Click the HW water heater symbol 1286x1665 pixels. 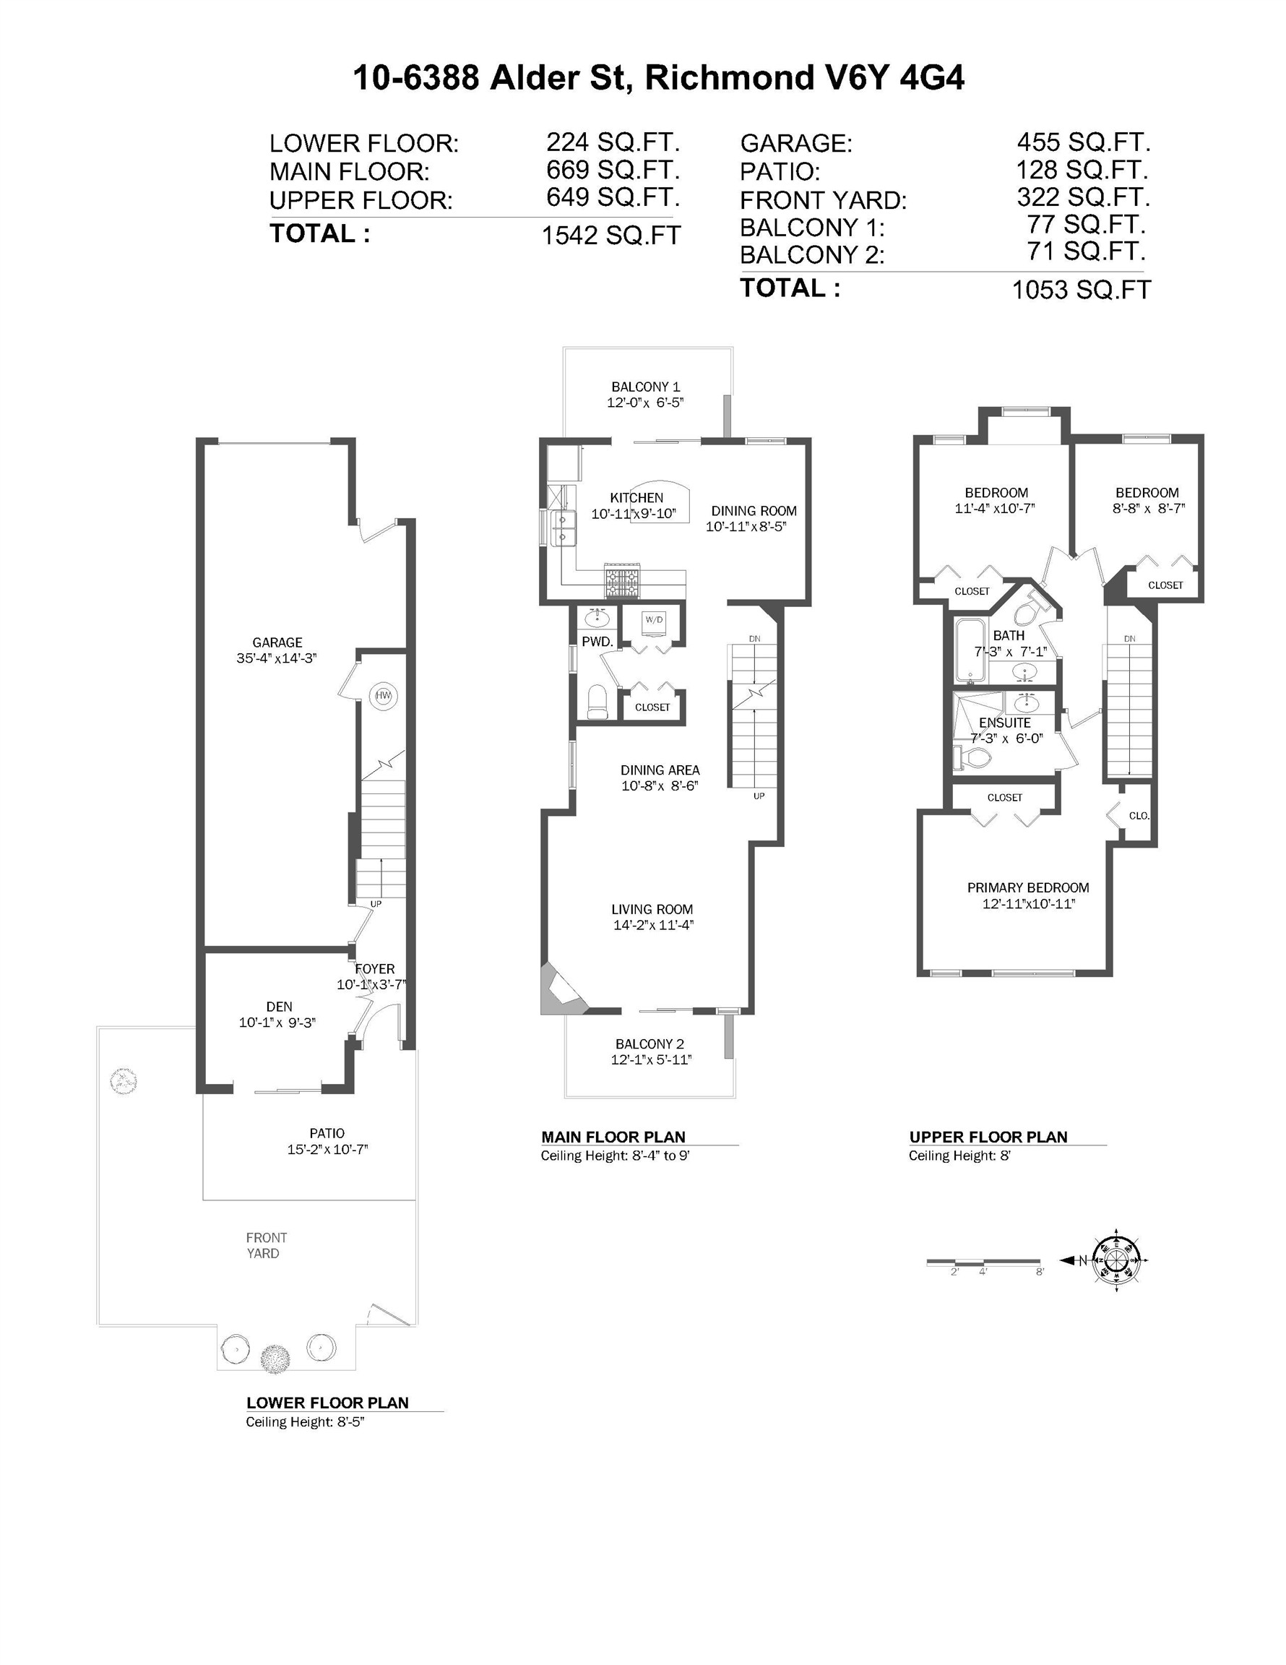tap(383, 695)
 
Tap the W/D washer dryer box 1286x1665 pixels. tap(654, 621)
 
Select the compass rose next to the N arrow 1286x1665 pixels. tap(1116, 1260)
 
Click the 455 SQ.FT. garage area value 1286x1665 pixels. tap(1082, 142)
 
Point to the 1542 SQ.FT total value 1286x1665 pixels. tap(610, 236)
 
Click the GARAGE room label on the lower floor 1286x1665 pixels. tap(277, 642)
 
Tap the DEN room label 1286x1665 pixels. tap(279, 1007)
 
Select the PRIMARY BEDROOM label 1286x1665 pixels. tap(1027, 887)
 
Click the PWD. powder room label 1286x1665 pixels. tap(597, 642)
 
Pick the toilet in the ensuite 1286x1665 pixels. tap(972, 758)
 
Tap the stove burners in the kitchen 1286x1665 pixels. tap(623, 584)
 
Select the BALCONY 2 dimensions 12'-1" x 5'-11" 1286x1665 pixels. tap(650, 1059)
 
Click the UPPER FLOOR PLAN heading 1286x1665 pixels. tap(987, 1137)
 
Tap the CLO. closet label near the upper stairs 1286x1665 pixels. tap(1139, 815)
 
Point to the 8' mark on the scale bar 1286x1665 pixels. tap(1039, 1272)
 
